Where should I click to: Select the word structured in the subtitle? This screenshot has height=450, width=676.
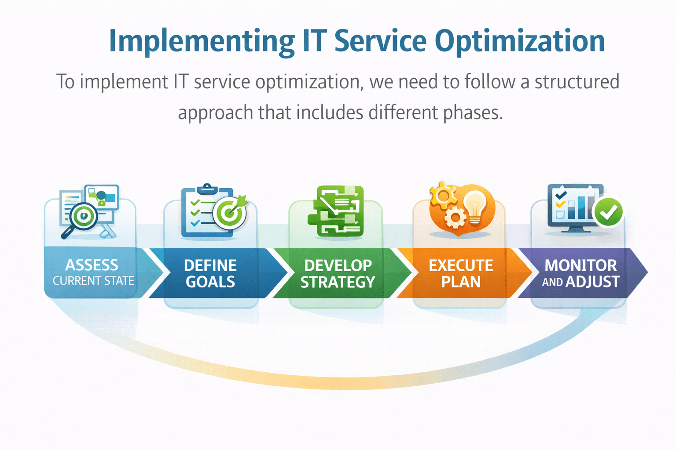577,82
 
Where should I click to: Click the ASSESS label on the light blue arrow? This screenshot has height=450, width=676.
92,265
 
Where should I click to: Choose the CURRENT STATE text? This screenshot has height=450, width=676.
93,281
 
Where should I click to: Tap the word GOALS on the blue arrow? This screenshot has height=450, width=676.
210,282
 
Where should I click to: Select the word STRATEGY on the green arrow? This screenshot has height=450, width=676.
338,282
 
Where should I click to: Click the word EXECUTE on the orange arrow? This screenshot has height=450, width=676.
461,265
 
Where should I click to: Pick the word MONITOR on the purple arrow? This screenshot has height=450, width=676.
580,265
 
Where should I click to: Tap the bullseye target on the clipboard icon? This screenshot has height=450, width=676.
229,214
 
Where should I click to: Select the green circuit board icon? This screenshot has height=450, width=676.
338,211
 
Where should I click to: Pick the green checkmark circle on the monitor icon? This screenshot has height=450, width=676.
608,212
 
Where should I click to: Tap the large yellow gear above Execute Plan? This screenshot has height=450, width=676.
442,195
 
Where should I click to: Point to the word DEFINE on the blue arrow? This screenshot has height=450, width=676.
210,265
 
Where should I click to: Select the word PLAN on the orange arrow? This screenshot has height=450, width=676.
461,282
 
